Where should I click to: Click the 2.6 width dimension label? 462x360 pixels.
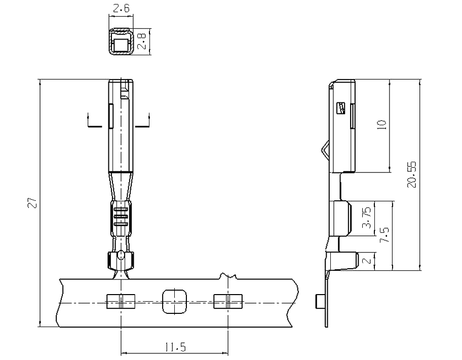click(121, 8)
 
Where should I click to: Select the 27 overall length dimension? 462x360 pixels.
click(32, 203)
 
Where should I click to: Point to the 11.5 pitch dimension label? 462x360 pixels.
click(175, 347)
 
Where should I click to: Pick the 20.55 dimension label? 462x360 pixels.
click(412, 174)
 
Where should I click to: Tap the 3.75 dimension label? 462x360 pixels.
click(367, 218)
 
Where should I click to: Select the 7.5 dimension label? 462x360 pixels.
click(384, 234)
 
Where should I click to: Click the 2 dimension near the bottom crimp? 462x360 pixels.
click(367, 261)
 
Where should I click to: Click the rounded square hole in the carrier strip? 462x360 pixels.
click(174, 302)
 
